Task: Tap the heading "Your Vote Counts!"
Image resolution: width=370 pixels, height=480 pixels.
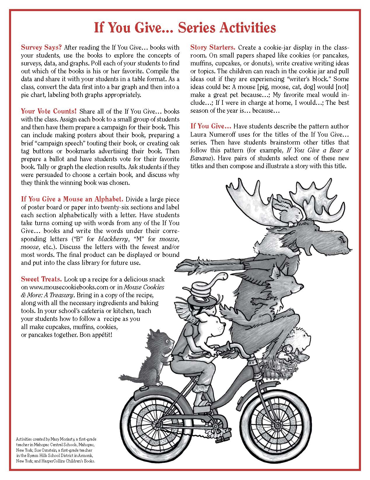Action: click(49, 111)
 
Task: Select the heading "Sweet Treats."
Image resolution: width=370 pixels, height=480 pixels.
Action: click(41, 279)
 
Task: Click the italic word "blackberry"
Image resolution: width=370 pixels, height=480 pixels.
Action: click(114, 239)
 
